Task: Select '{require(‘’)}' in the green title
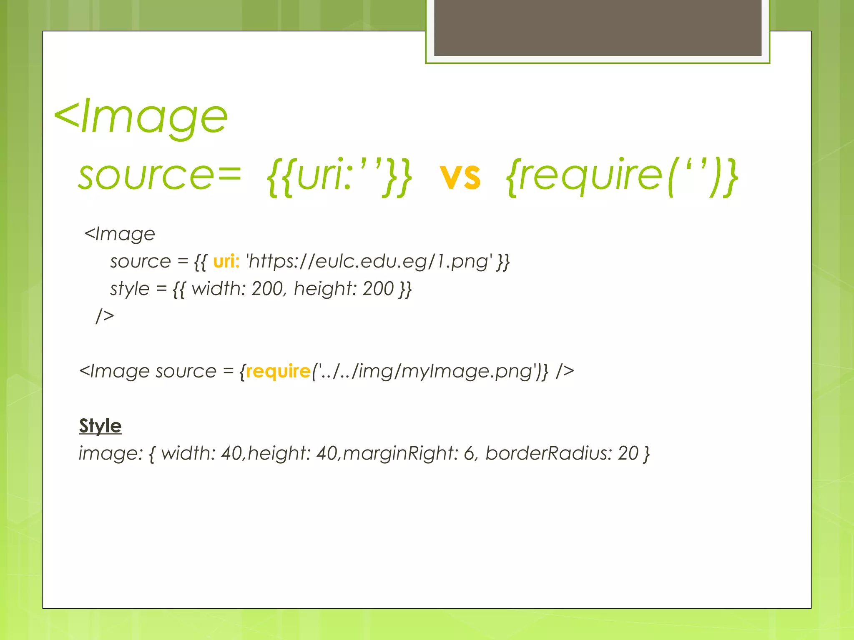pyautogui.click(x=621, y=177)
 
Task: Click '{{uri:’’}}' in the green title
pyautogui.click(x=339, y=177)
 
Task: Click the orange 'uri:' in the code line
pyautogui.click(x=226, y=262)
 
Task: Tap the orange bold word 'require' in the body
pyautogui.click(x=278, y=371)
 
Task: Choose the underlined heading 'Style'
pyautogui.click(x=100, y=426)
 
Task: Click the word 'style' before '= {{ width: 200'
pyautogui.click(x=129, y=289)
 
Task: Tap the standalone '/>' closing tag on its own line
pyautogui.click(x=105, y=316)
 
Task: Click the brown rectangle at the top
pyautogui.click(x=598, y=27)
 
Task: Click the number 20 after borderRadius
pyautogui.click(x=628, y=453)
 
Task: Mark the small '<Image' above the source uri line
pyautogui.click(x=120, y=234)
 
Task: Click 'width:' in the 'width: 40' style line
pyautogui.click(x=188, y=453)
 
